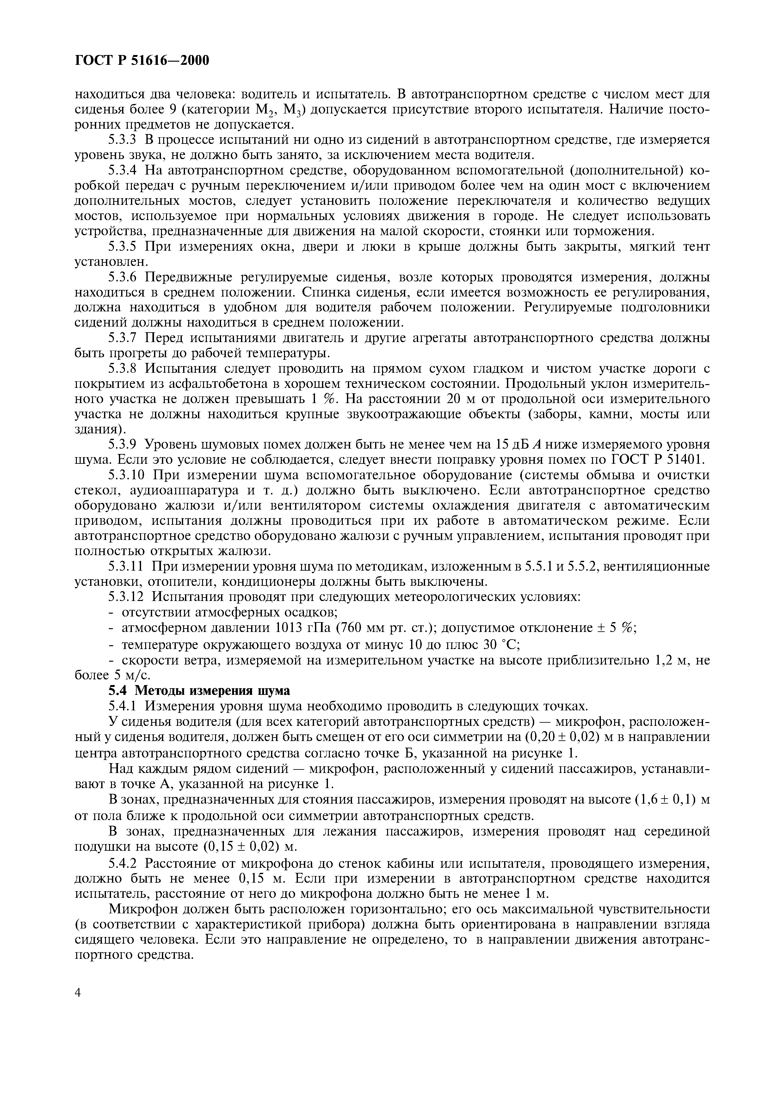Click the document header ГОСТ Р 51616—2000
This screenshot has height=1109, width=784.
pyautogui.click(x=143, y=60)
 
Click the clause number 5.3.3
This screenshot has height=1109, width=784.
pyautogui.click(x=123, y=140)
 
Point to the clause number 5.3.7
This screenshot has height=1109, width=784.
pyautogui.click(x=123, y=338)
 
